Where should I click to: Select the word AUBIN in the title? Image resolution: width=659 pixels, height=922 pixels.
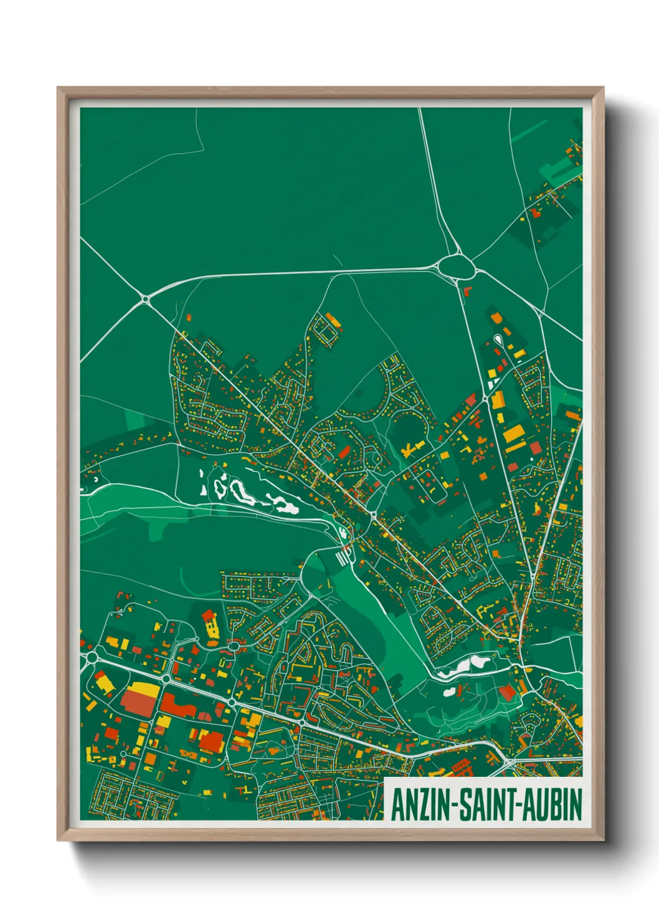click(x=552, y=805)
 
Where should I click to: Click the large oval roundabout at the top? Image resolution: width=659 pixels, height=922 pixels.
click(x=457, y=268)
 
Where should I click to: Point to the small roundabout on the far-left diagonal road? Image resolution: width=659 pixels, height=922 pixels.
click(x=145, y=300)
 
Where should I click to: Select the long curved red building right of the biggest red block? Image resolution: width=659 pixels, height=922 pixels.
click(x=187, y=706)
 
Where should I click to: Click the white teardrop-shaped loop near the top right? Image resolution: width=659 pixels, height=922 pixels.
click(x=498, y=340)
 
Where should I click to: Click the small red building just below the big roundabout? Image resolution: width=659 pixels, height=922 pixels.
click(x=468, y=290)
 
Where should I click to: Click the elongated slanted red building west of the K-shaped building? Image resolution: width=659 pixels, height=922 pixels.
click(x=344, y=450)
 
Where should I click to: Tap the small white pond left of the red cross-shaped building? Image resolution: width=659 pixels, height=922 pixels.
click(x=448, y=691)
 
